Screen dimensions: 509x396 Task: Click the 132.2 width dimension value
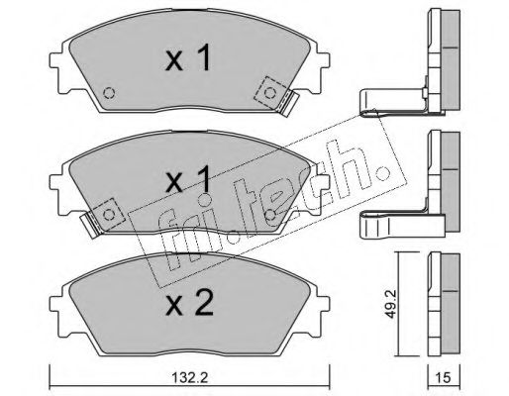[x=189, y=377]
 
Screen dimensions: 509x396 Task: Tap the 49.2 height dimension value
[x=391, y=304]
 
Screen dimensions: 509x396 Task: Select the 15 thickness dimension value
[x=444, y=377]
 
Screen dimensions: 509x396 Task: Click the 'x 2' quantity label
[x=189, y=304]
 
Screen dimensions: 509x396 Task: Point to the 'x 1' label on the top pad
[x=188, y=58]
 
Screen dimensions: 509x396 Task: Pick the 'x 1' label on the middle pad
[x=188, y=180]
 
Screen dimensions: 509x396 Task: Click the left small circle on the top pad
[x=109, y=93]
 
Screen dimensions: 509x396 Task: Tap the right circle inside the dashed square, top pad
[x=270, y=93]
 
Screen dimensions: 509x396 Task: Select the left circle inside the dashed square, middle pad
[x=109, y=215]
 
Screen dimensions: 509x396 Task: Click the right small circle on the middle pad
[x=270, y=215]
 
